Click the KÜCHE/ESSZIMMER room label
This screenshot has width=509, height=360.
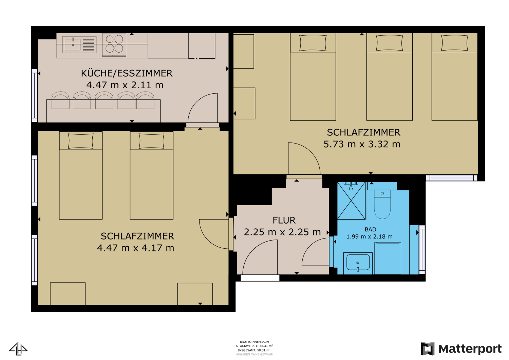pos(127,73)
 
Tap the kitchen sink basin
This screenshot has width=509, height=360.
pos(72,44)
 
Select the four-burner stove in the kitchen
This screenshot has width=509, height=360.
pos(114,44)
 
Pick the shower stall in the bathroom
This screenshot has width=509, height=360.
pos(351,201)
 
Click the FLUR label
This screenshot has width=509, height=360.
pos(284,221)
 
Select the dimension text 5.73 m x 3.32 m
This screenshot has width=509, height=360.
pos(362,144)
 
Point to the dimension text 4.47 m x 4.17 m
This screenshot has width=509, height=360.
pos(136,248)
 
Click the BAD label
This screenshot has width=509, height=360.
pos(370,230)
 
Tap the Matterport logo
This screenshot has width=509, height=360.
pos(461,349)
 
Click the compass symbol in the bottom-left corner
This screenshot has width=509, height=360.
pos(18,348)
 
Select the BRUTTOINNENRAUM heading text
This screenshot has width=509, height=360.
pos(254,342)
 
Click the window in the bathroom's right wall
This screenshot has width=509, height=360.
pos(422,249)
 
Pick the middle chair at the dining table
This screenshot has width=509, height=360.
pos(104,100)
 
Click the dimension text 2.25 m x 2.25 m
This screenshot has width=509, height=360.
pos(282,232)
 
